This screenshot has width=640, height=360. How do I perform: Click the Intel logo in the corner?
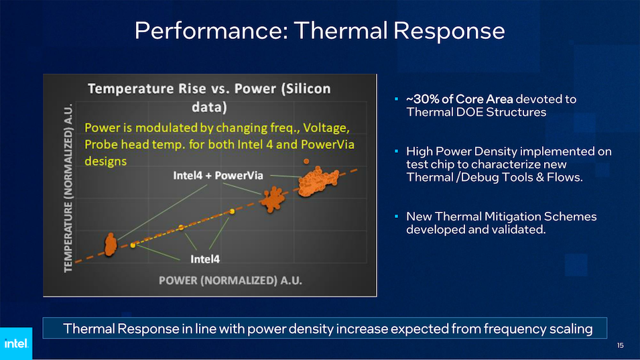tap(16, 343)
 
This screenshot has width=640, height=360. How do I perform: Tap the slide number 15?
tap(621, 345)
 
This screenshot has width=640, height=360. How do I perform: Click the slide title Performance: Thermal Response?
tap(320, 31)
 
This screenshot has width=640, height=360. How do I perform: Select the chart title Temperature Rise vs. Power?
tap(209, 98)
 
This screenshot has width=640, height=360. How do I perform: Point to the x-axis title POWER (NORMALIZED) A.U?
tap(231, 280)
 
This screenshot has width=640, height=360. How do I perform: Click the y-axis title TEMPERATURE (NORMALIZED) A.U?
tap(68, 188)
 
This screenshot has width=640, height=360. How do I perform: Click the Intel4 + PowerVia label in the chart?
tap(218, 176)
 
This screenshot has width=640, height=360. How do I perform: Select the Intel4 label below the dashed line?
tap(205, 259)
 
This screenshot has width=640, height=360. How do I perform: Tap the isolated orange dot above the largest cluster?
tap(306, 161)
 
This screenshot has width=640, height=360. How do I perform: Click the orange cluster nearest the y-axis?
tap(110, 245)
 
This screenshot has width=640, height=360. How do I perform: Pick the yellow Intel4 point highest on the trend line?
tap(232, 211)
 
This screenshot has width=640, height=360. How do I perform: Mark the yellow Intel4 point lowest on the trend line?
tap(133, 245)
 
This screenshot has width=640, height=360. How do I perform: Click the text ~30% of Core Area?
tap(459, 99)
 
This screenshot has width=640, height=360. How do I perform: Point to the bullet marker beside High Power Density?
tap(396, 152)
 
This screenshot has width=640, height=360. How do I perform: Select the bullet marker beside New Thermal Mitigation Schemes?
tap(396, 217)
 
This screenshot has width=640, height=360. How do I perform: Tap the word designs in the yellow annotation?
tap(105, 162)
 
